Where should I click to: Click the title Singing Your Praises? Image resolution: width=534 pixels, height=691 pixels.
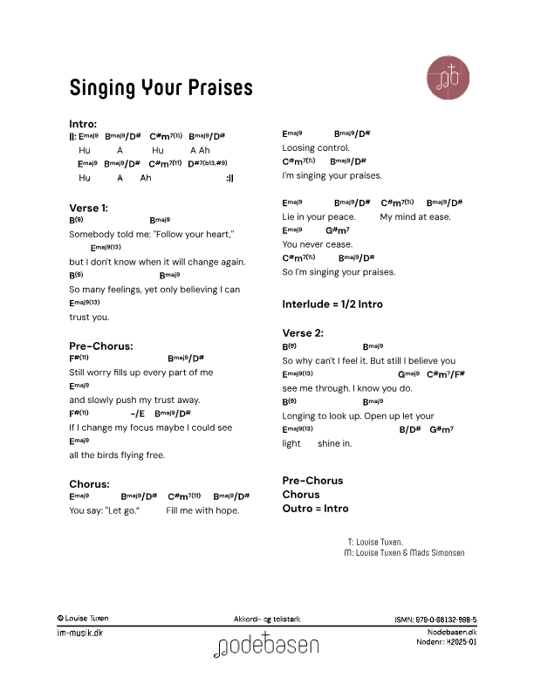[x=161, y=88]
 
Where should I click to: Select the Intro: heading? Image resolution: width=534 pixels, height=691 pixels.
[x=83, y=123]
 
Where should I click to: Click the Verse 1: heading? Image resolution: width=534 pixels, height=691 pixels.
[x=89, y=208]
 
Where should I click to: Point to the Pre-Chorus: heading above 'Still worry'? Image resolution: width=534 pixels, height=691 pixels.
[x=101, y=345]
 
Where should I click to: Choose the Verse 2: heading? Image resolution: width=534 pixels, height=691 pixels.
[x=303, y=332]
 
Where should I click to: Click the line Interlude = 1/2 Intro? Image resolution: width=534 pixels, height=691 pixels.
[x=332, y=304]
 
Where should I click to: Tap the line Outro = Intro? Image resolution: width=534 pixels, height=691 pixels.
[x=315, y=508]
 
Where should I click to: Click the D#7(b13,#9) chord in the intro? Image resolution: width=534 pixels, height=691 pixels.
[x=207, y=163]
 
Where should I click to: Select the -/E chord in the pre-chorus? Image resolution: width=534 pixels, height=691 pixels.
[x=137, y=414]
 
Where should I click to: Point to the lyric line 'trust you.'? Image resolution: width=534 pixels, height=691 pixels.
[x=89, y=317]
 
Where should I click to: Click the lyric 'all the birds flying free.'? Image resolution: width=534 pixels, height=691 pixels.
[x=117, y=455]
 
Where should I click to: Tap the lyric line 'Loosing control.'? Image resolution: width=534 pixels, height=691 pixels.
[x=316, y=147]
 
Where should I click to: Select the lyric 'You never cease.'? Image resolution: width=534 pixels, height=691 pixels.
[x=318, y=244]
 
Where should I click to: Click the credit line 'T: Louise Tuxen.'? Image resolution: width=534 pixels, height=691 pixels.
[x=374, y=542]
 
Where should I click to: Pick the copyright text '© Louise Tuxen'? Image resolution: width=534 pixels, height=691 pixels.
[x=83, y=618]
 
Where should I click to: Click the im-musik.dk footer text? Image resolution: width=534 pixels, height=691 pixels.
[x=79, y=633]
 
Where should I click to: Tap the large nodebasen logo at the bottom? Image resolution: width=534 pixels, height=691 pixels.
[x=267, y=646]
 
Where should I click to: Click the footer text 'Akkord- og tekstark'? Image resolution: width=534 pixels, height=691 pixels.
[x=268, y=618]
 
